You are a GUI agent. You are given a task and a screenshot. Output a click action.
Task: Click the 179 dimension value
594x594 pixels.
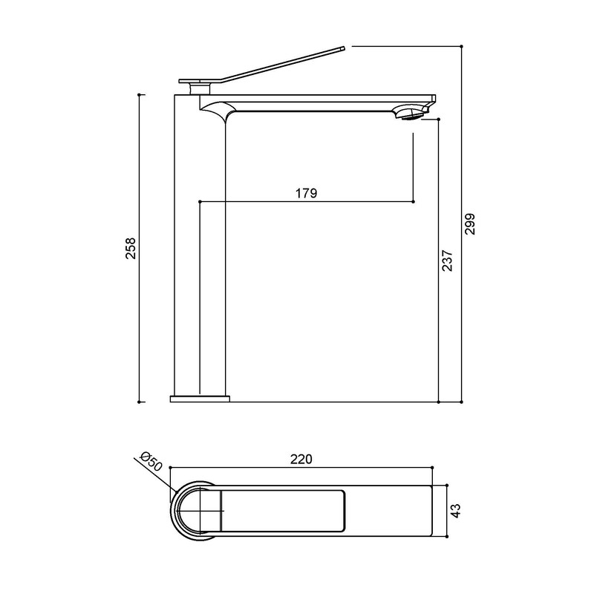(306, 193)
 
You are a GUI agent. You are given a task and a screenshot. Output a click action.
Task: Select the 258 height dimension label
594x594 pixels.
(131, 248)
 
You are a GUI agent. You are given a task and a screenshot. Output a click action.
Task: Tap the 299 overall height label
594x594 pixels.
(470, 224)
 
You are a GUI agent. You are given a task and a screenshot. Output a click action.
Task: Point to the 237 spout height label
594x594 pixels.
(448, 261)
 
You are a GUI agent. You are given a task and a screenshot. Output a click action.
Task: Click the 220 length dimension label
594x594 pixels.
(301, 459)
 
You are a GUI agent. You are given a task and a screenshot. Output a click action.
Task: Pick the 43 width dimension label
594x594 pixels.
(456, 511)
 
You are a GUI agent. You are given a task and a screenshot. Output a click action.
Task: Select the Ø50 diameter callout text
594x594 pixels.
(151, 462)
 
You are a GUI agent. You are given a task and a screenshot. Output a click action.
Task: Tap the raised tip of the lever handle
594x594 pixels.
(343, 48)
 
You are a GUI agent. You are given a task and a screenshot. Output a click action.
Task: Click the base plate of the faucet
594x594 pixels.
(200, 399)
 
